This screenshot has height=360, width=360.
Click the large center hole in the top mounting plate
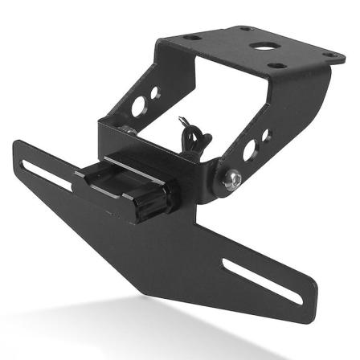pos(261,45)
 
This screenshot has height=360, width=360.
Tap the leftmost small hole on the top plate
pos(193,38)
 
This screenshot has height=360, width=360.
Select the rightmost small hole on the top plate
pos(329,55)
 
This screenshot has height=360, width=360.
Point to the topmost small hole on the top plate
pos(247,29)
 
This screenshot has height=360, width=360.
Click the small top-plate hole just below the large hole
pos(276,65)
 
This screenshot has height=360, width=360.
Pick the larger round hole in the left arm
pos(138,104)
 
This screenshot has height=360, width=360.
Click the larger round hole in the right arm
pos(250,149)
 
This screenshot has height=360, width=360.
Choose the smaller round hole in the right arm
pos(266,134)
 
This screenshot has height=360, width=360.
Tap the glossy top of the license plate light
pos(121,174)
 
